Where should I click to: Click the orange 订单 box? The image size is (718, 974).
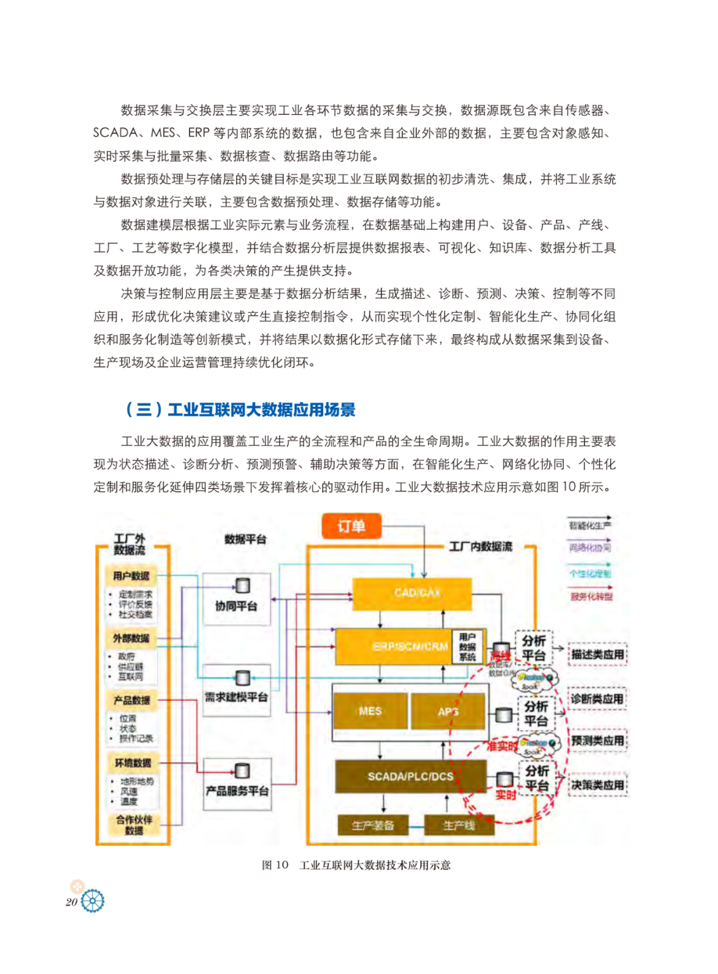[351, 526]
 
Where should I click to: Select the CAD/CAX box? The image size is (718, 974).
[412, 593]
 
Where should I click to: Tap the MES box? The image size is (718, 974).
[370, 711]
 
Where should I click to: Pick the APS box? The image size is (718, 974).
[448, 711]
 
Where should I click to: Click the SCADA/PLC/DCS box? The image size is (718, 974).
[410, 776]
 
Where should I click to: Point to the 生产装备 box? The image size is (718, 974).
[373, 825]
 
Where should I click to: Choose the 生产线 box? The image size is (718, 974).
[459, 825]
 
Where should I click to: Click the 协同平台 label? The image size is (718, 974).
[236, 606]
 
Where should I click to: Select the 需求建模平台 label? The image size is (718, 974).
[236, 697]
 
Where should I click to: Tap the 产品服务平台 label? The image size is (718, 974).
[237, 791]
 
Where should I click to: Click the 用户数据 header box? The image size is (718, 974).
[131, 575]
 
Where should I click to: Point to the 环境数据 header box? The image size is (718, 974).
[133, 763]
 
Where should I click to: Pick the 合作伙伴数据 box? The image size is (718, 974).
[134, 825]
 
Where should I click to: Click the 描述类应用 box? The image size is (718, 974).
[598, 654]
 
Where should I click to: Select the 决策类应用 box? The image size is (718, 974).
[598, 785]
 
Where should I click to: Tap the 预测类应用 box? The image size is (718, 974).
[598, 741]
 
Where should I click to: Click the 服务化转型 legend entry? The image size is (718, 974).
[591, 596]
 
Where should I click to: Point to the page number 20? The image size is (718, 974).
[71, 902]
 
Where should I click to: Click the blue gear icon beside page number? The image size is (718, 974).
[92, 901]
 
